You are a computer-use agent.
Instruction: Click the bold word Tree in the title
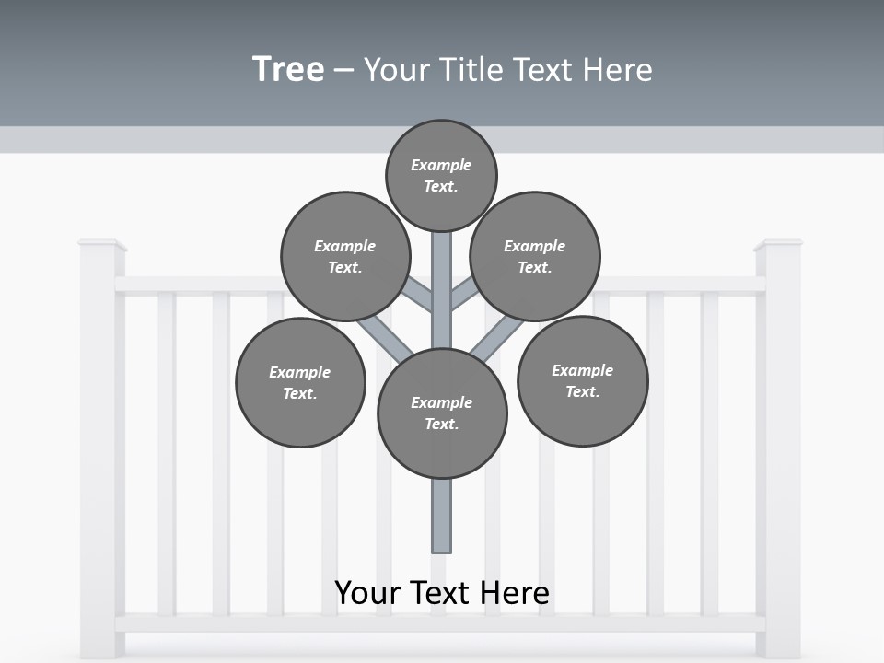[288, 69]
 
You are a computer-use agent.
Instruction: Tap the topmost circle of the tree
[441, 175]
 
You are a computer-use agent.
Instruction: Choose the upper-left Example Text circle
[344, 256]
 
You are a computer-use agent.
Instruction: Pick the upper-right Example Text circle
[534, 256]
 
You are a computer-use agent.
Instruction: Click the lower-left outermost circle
[300, 382]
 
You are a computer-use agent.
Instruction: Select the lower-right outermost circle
[582, 380]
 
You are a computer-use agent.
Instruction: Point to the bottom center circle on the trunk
[442, 413]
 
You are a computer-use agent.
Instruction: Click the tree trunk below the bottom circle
[442, 516]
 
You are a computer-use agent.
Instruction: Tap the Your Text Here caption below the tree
[442, 593]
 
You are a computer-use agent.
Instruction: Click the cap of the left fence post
[101, 245]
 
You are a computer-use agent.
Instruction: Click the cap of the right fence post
[778, 245]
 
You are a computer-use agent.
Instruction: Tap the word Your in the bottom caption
[367, 593]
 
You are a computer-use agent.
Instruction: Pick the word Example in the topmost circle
[441, 165]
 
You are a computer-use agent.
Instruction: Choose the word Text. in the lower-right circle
[582, 391]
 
